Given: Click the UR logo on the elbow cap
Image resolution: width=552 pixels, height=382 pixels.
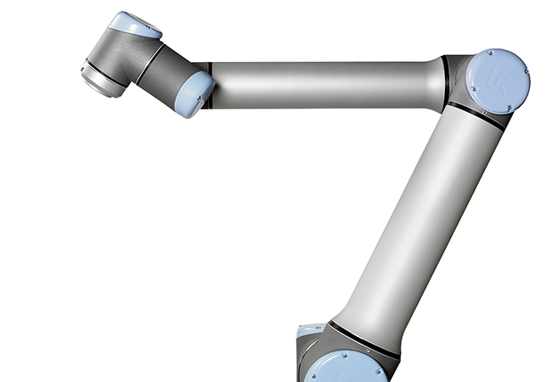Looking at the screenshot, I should tap(500, 82).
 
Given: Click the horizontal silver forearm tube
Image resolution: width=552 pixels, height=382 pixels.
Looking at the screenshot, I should tap(323, 84).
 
